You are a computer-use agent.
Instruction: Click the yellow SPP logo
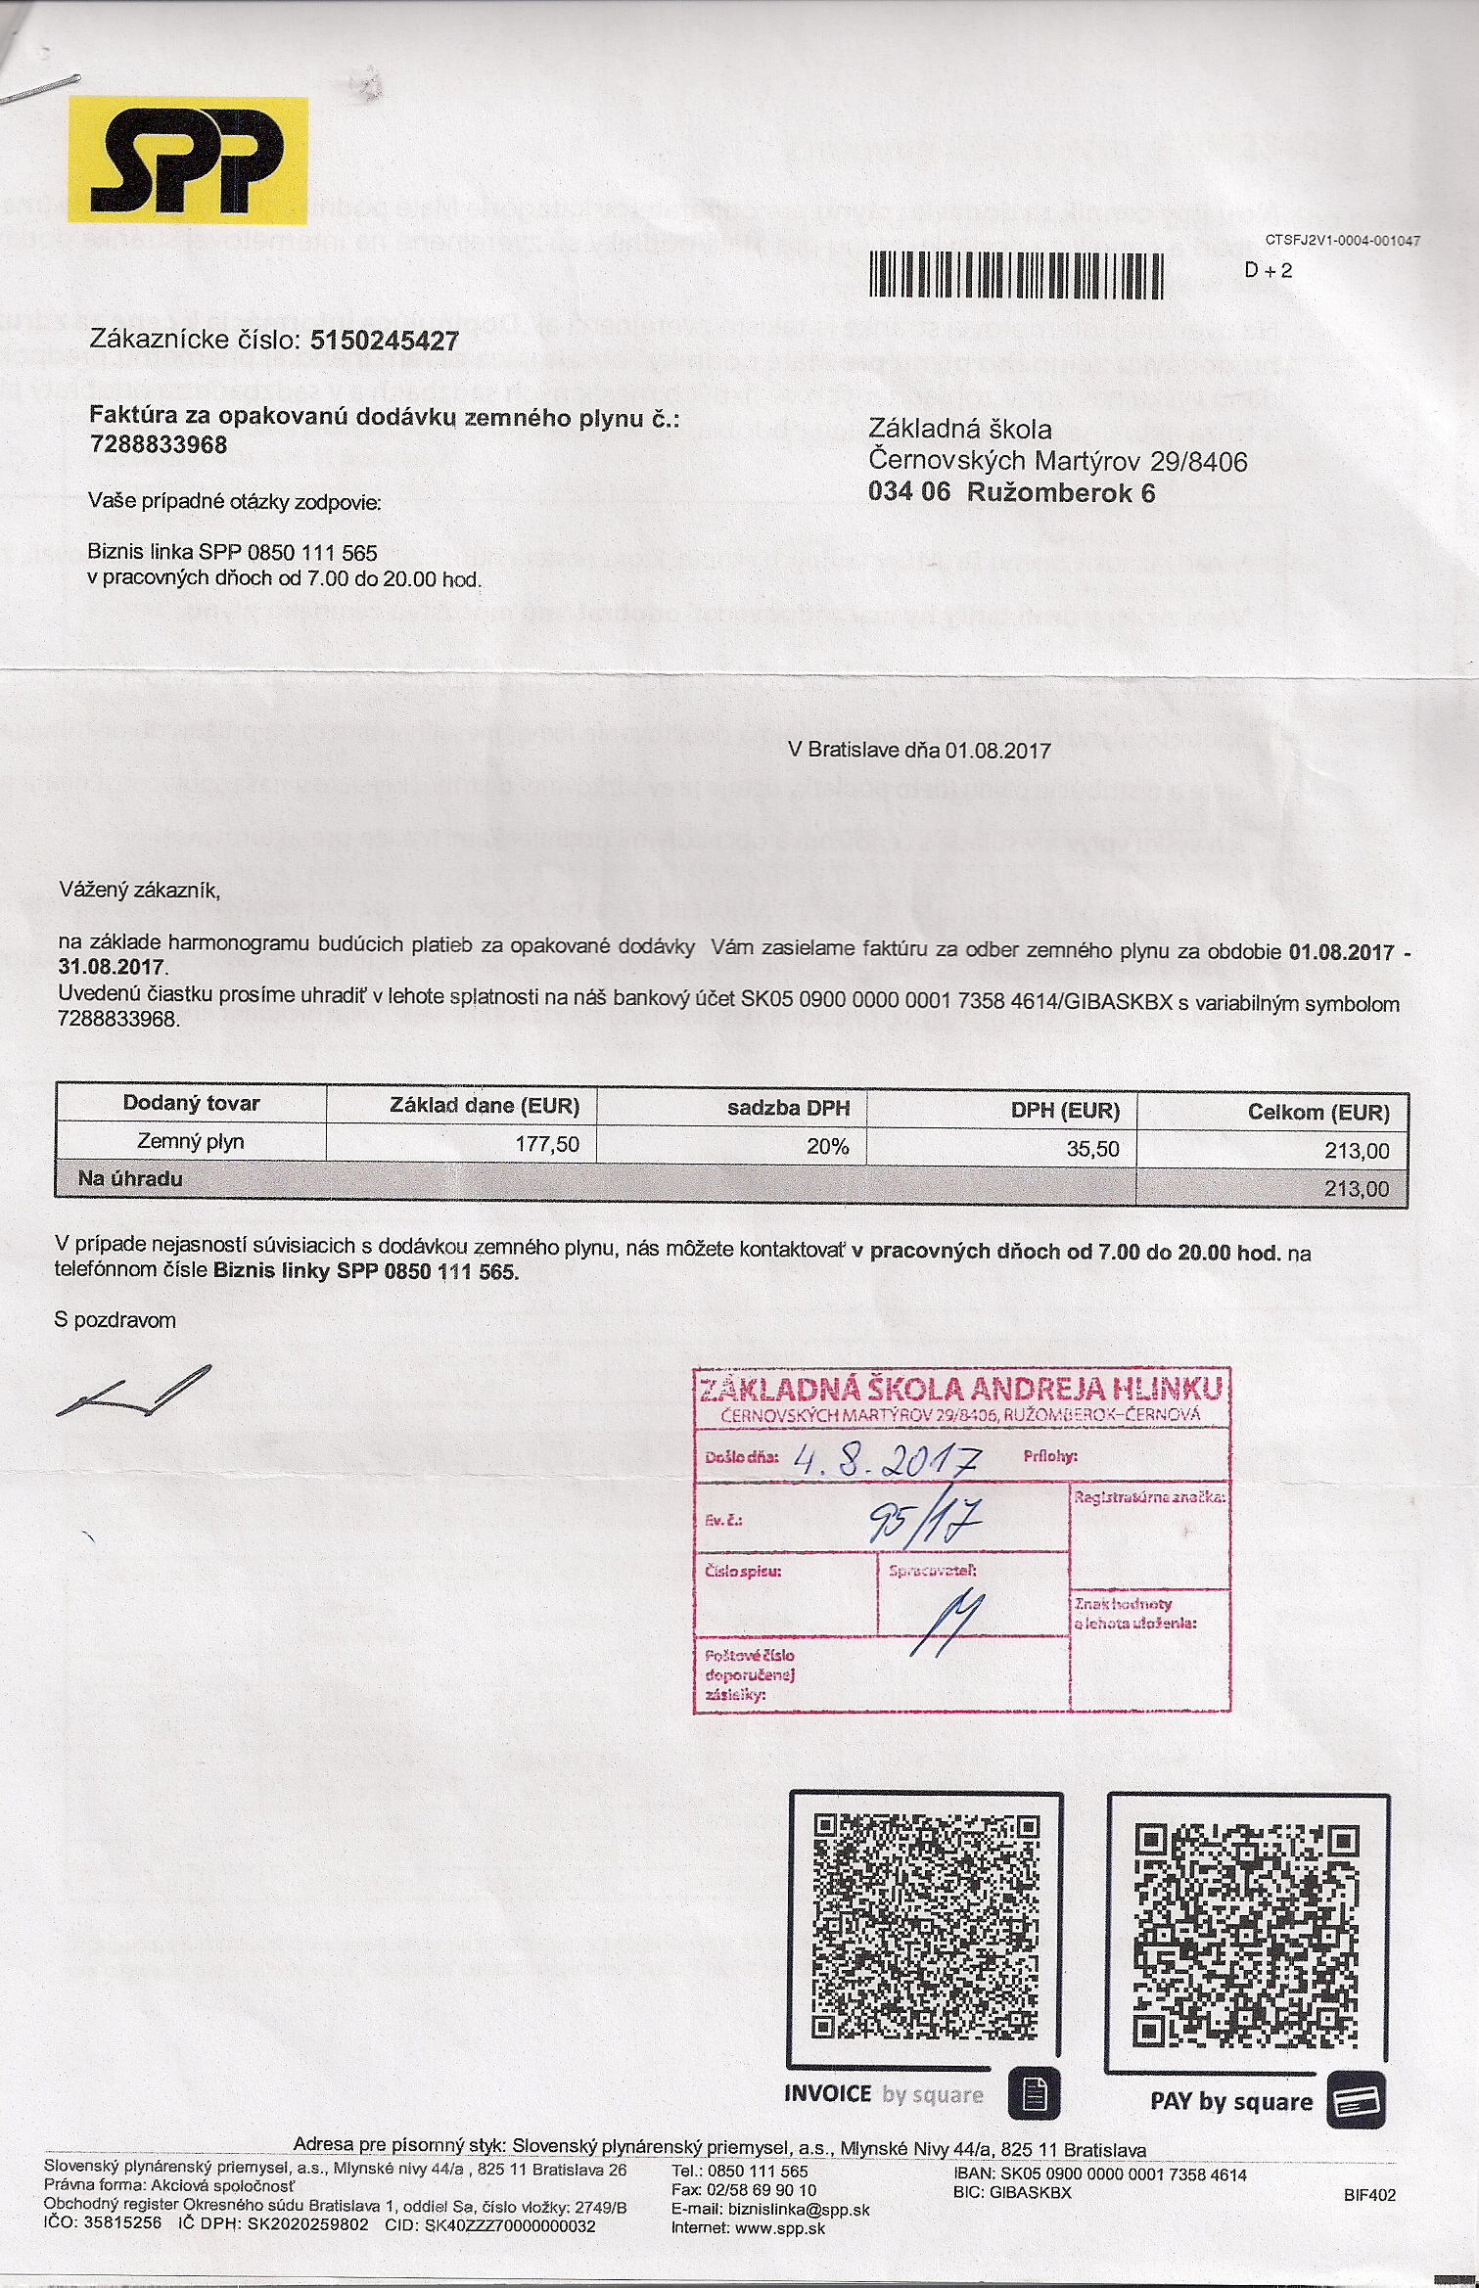tap(188, 158)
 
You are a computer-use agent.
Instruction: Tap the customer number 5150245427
tap(384, 341)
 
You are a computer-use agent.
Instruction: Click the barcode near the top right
tap(1016, 275)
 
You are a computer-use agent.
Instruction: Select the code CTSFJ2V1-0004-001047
tap(1342, 240)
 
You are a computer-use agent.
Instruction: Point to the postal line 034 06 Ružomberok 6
tap(1011, 492)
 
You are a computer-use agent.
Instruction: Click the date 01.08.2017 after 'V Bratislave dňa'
tap(997, 751)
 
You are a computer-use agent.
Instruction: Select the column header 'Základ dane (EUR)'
tap(485, 1106)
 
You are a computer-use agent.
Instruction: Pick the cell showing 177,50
tap(547, 1144)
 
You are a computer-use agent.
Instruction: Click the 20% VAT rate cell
tap(827, 1146)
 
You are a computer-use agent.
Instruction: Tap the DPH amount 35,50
tap(1092, 1149)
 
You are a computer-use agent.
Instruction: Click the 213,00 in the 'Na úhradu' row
tap(1357, 1189)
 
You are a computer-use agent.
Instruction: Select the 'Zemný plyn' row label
tap(191, 1141)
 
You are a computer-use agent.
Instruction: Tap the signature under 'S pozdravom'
tap(134, 1392)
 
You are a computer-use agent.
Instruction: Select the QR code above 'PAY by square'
tap(1246, 1938)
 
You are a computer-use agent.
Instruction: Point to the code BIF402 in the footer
tap(1369, 2195)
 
